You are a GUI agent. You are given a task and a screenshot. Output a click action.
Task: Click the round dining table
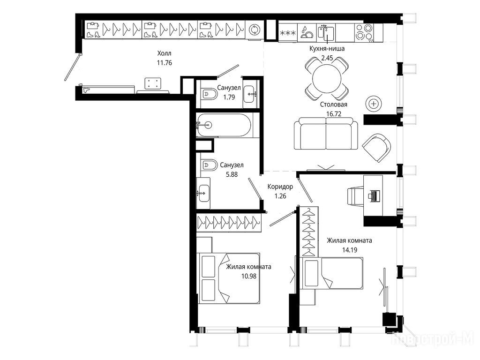tap(327, 78)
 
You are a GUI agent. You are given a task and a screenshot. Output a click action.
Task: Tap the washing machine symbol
tap(254, 30)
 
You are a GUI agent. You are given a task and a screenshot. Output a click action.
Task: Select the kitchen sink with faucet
tap(326, 32)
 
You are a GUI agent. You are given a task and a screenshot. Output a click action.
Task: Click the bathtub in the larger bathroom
tap(224, 125)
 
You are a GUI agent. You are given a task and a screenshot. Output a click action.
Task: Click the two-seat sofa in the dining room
tap(326, 134)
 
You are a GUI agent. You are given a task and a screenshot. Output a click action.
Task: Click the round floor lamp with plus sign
tap(374, 104)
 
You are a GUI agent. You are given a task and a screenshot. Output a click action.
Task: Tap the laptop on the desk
tap(375, 196)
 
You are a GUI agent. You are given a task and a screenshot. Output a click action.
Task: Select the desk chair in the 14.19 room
tap(355, 195)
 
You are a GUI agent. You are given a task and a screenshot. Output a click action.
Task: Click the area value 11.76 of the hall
tap(165, 63)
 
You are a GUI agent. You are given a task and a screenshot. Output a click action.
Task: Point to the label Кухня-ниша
tap(327, 49)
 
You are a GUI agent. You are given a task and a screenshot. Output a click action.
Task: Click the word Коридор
tap(280, 187)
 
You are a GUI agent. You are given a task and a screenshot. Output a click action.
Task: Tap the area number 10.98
tap(249, 276)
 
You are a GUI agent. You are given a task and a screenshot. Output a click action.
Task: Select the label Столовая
tap(334, 105)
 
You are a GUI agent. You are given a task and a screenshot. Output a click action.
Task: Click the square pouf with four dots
tap(153, 83)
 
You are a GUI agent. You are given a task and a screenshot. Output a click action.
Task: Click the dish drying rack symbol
tap(307, 32)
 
